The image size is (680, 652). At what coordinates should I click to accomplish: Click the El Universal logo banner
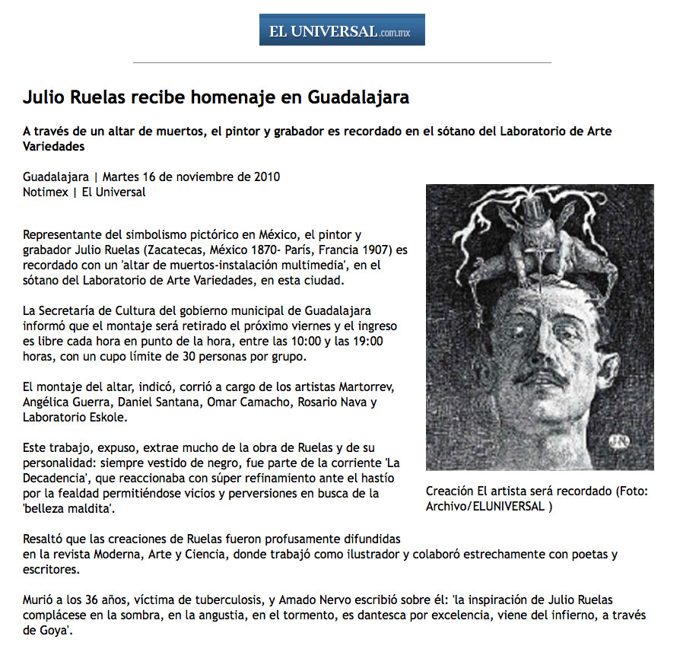coord(342,30)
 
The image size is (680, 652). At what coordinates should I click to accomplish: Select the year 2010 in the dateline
coord(265,177)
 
